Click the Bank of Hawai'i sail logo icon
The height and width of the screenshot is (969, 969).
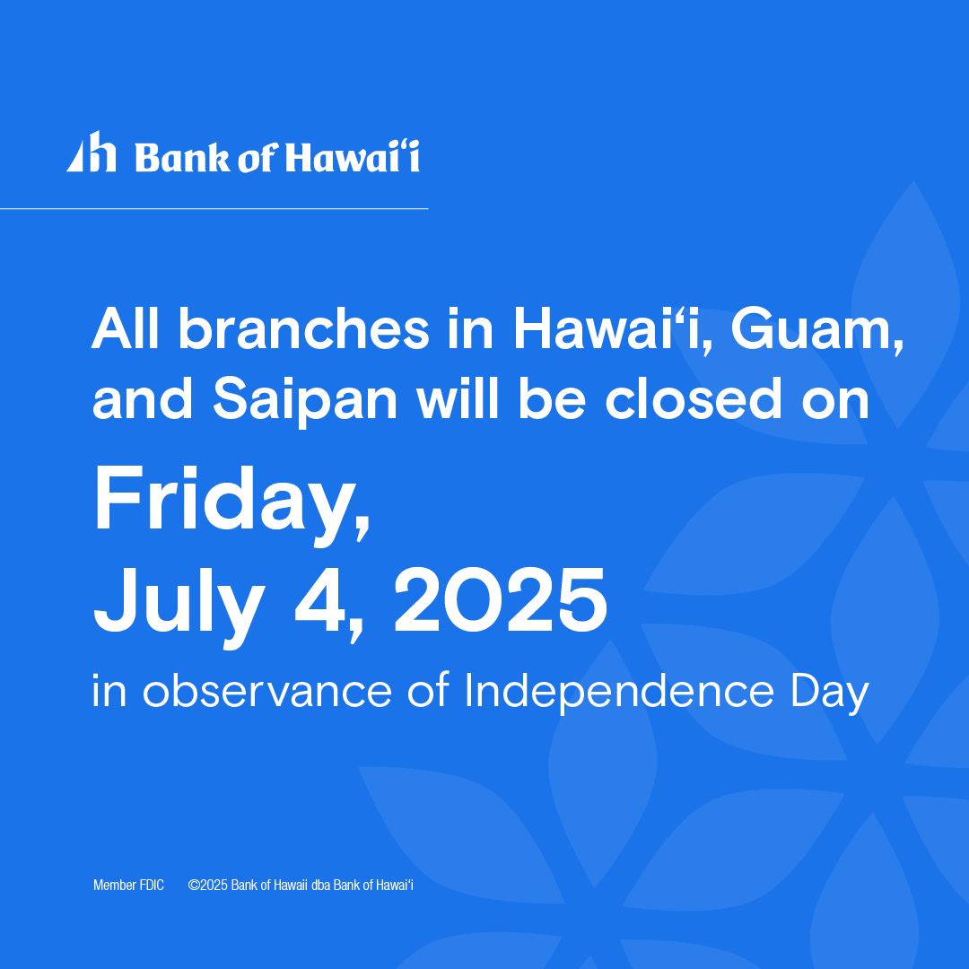click(92, 153)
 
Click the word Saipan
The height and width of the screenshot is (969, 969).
click(305, 401)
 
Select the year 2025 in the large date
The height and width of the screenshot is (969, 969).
click(500, 599)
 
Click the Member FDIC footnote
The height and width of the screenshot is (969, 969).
click(128, 886)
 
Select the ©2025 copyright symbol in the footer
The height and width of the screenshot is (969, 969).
click(193, 886)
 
